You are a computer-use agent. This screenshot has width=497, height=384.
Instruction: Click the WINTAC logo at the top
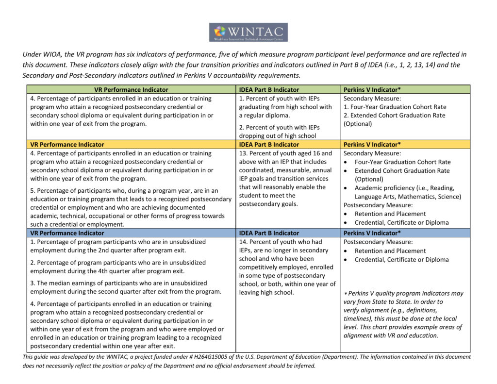pos(248,32)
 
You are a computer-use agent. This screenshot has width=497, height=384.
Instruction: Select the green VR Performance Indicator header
pos(131,90)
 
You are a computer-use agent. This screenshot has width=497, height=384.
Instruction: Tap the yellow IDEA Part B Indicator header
pos(269,145)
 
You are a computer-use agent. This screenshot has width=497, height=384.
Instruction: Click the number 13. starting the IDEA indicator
pos(243,153)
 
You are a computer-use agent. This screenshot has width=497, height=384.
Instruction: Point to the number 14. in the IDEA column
pos(243,242)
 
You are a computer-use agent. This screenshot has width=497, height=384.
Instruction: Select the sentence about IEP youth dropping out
pos(284,132)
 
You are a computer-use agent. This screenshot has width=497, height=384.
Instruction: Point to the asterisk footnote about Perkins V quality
pos(403,314)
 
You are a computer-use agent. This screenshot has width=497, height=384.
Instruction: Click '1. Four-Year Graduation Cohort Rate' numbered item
pos(395,107)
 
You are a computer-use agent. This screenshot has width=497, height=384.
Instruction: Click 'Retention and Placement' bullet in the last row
pos(390,251)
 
